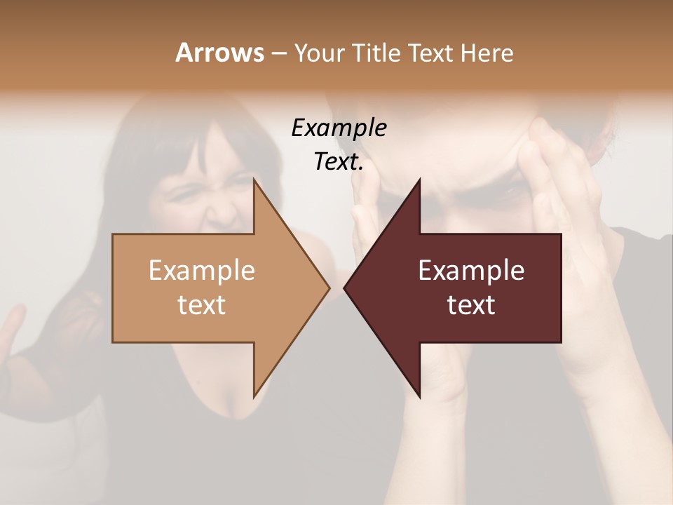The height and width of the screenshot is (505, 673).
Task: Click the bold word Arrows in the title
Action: pos(219,53)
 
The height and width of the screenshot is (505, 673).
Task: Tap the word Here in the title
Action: pos(487,53)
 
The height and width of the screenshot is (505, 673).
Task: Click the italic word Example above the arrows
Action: pos(339,128)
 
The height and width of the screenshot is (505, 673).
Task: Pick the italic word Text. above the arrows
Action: pos(339,162)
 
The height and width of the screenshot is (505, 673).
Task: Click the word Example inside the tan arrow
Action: pos(202,270)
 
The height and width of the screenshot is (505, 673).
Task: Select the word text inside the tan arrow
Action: pos(202,304)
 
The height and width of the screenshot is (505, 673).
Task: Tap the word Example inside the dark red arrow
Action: pos(471,270)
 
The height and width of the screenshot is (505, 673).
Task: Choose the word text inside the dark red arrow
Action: pos(471,304)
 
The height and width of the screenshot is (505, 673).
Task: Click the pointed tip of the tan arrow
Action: pos(329,288)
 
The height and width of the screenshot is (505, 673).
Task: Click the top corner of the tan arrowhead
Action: pos(254,180)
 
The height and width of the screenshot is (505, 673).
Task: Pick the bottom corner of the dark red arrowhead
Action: pos(420,397)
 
